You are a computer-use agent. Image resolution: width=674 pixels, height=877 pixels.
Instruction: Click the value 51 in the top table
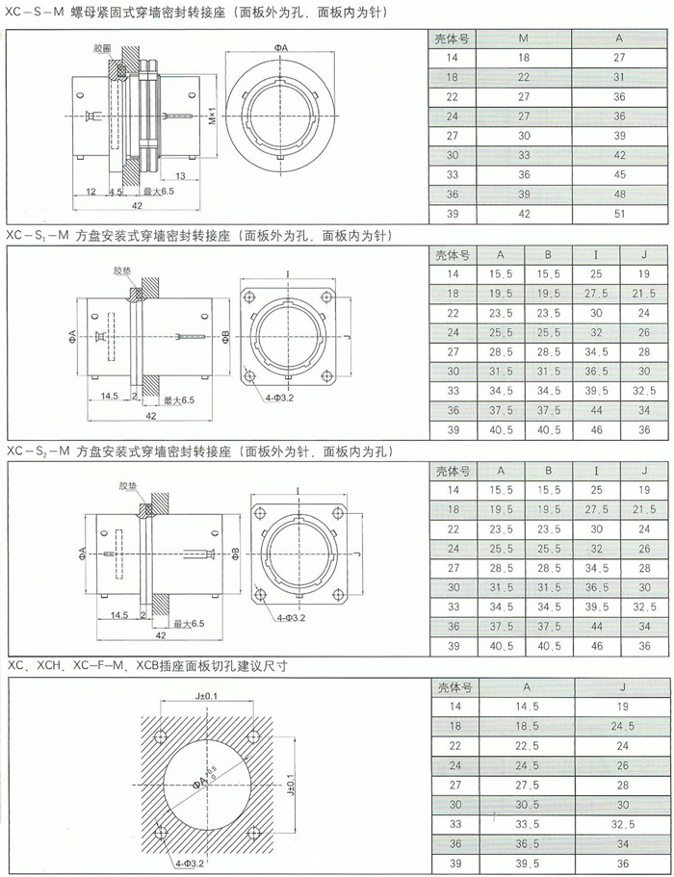click(x=619, y=214)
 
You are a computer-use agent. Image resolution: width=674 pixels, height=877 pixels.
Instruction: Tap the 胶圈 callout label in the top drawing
click(x=102, y=48)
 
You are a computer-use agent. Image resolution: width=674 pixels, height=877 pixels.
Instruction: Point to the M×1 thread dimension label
click(x=213, y=115)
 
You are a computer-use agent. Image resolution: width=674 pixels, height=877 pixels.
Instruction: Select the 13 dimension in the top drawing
click(x=180, y=175)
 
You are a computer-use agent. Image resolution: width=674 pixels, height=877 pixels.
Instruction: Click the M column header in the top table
click(x=524, y=39)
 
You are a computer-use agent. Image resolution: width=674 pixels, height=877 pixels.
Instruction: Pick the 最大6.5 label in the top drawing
click(x=159, y=192)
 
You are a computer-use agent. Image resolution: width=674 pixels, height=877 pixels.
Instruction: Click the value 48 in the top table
click(x=619, y=194)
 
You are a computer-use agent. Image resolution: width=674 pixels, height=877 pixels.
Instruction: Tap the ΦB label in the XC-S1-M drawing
click(x=225, y=337)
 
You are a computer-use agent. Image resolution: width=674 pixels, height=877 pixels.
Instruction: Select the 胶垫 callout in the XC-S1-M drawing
click(x=122, y=271)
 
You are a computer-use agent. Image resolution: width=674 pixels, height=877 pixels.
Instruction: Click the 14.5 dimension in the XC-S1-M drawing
click(x=109, y=396)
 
